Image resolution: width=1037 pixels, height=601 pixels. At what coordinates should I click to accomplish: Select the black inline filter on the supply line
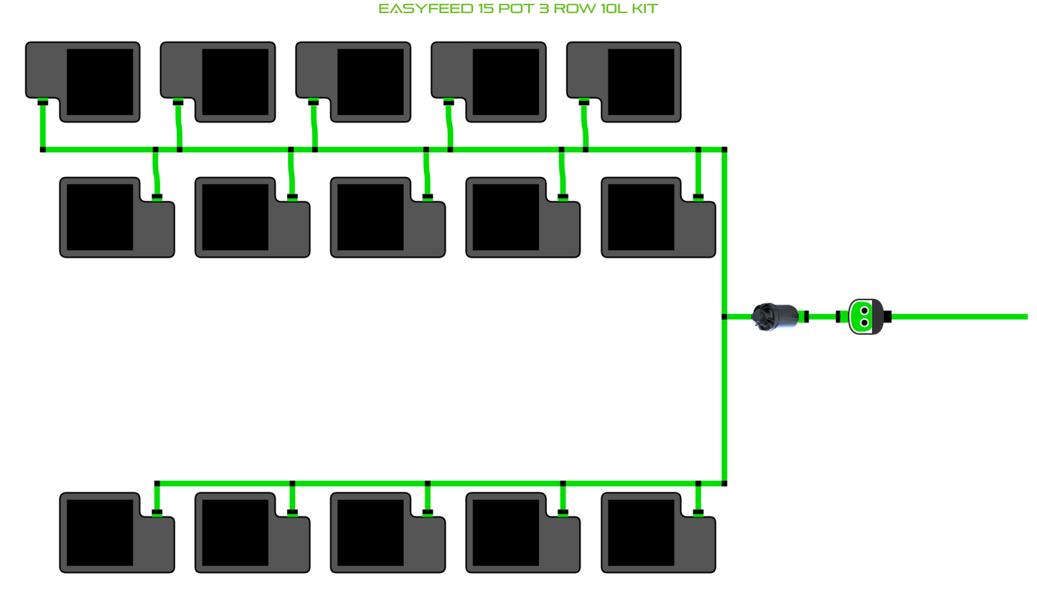tap(775, 316)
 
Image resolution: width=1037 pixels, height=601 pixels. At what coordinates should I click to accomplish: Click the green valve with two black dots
tap(865, 316)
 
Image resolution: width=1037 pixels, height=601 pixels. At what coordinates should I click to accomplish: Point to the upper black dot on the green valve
tap(864, 311)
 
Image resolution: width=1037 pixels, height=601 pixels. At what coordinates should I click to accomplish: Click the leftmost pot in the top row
tap(83, 82)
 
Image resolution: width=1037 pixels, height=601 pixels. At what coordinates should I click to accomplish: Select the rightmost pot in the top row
tap(624, 82)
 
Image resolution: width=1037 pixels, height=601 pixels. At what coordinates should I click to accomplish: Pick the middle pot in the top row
tap(353, 82)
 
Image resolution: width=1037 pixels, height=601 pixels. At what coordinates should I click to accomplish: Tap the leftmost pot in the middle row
tap(117, 217)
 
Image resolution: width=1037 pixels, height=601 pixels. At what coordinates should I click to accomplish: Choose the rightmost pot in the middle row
tap(658, 217)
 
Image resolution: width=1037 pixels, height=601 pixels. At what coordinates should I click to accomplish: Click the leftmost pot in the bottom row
tap(117, 533)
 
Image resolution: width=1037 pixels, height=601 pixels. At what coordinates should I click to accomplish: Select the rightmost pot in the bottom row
tap(658, 533)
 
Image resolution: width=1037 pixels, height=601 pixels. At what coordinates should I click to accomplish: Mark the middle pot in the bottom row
tap(388, 533)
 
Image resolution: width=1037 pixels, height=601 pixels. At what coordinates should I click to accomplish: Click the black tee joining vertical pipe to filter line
tap(724, 316)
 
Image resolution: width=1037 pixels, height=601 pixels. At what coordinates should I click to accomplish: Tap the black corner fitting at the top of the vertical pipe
tap(724, 150)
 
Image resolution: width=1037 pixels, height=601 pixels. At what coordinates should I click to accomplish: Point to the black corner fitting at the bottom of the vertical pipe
tap(724, 483)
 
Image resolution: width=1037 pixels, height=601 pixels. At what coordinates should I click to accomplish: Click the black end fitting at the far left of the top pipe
tap(43, 150)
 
